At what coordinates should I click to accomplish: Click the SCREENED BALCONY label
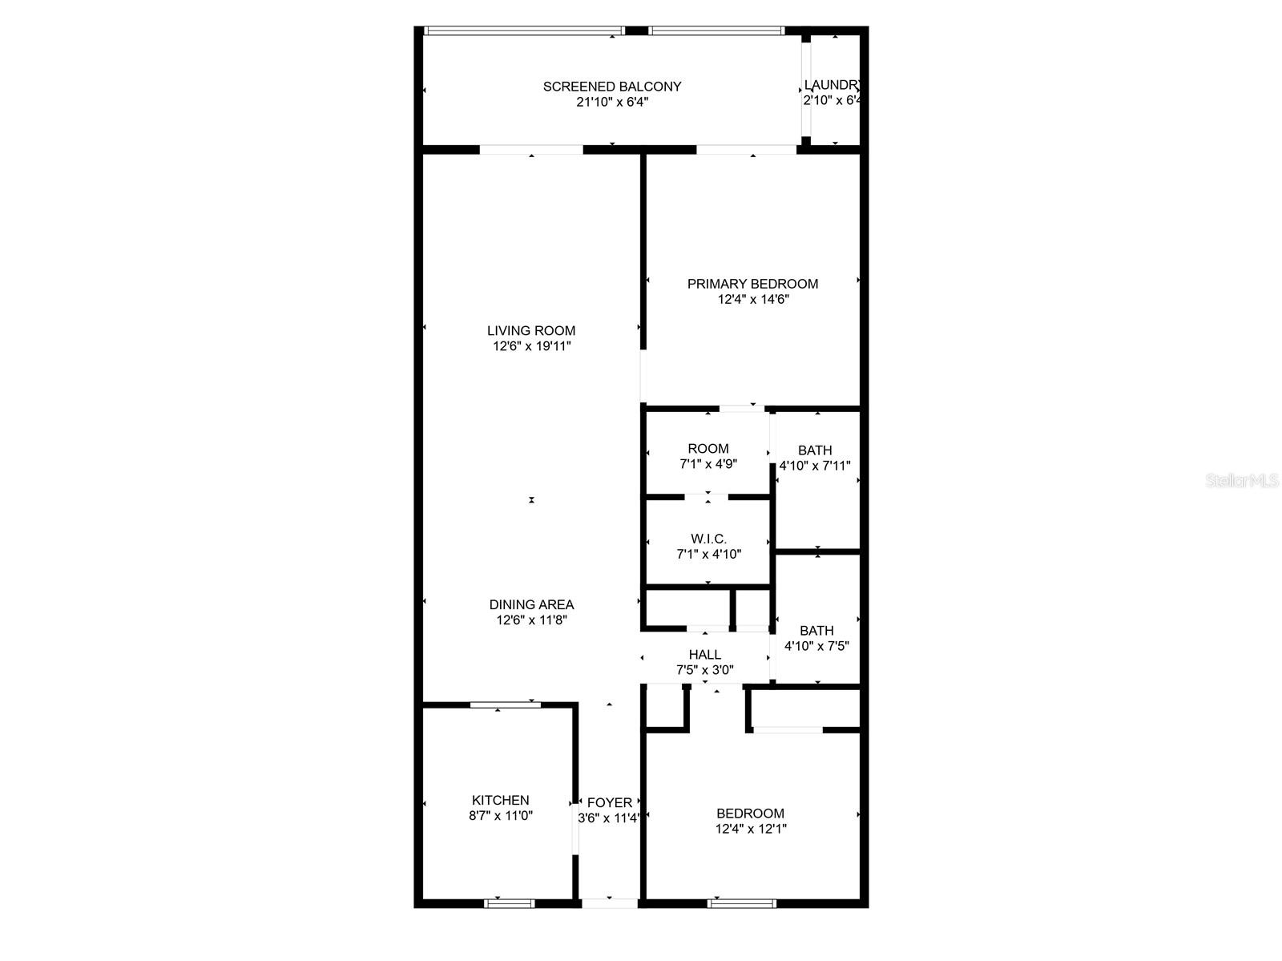click(612, 87)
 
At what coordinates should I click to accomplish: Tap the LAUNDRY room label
click(832, 85)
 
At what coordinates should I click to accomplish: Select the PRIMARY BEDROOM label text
click(752, 284)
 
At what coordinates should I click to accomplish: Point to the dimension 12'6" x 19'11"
click(532, 346)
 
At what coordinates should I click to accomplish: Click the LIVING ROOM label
click(531, 330)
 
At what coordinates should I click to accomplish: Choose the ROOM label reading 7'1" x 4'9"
click(708, 449)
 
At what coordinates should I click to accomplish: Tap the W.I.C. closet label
click(708, 539)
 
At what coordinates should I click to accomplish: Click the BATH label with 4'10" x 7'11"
click(815, 450)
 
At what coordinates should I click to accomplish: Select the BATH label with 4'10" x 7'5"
click(816, 631)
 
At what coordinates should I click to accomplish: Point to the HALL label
click(705, 655)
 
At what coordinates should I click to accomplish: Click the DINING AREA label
click(532, 604)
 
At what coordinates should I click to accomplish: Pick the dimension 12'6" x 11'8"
click(532, 620)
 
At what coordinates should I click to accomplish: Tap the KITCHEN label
click(500, 800)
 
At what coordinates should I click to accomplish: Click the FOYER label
click(610, 802)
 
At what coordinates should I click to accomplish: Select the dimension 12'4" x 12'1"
click(751, 829)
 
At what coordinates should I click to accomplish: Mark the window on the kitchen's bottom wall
click(510, 903)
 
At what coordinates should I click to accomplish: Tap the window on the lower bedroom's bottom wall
click(742, 903)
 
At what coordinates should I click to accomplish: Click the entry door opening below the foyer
click(610, 903)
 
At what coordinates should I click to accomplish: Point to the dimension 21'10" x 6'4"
click(612, 102)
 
